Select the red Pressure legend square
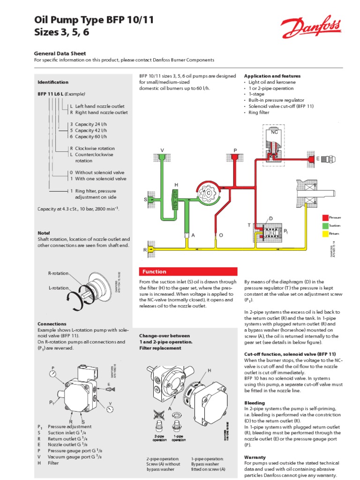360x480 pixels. point(324,217)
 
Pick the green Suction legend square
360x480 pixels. point(324,225)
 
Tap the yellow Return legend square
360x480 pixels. point(324,233)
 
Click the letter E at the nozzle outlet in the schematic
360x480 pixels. point(317,159)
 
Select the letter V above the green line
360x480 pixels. point(162,150)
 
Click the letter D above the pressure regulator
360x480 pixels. point(270,219)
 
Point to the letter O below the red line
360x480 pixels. point(221,234)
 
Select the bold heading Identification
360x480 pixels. point(53,82)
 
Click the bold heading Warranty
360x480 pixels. point(255,457)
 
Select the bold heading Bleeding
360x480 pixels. point(255,403)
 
